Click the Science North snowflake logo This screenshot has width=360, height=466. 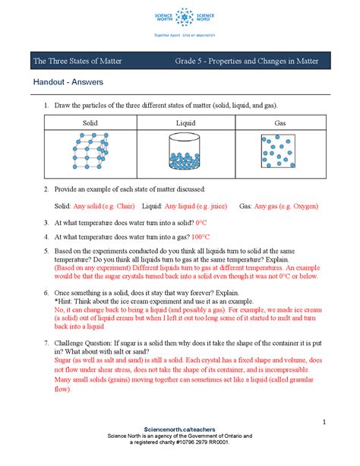(179, 16)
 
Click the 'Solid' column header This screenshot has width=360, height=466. (79, 122)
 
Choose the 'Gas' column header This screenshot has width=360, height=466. (279, 122)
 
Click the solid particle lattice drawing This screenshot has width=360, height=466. (80, 151)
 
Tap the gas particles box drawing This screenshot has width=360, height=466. (279, 151)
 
